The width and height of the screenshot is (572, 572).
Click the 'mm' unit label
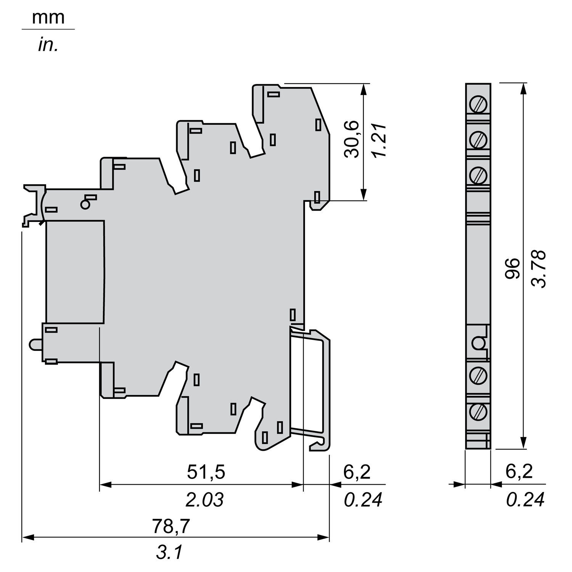[48, 18]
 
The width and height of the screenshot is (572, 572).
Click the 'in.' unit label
[48, 45]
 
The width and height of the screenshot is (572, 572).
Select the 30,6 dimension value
[351, 139]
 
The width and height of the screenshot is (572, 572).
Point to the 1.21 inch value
[379, 140]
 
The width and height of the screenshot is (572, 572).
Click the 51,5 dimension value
[206, 472]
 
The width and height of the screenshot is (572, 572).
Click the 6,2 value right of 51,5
[357, 472]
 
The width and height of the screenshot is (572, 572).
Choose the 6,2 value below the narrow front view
[519, 472]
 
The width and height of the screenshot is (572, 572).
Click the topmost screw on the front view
[479, 104]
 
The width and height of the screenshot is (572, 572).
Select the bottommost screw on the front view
[479, 411]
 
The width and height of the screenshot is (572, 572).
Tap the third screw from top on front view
[479, 175]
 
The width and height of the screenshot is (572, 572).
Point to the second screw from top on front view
[479, 140]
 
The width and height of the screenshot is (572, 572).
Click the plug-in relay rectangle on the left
[75, 272]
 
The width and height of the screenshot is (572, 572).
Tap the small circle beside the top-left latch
[85, 205]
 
